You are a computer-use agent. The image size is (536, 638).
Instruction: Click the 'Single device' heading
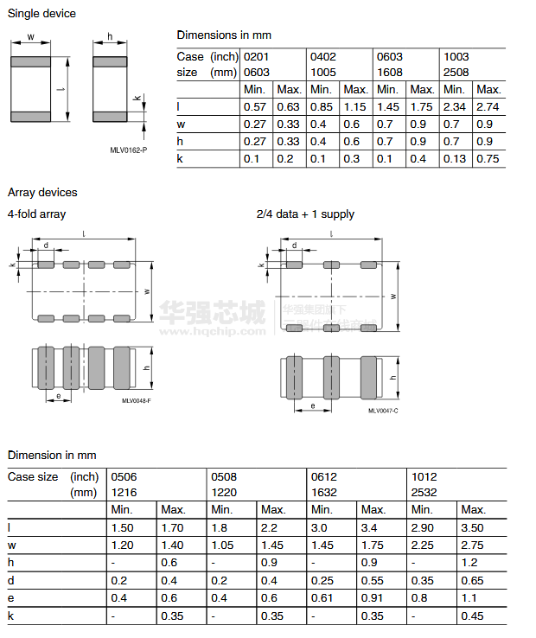pos(41,14)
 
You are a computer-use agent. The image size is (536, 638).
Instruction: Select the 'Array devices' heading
pos(42,192)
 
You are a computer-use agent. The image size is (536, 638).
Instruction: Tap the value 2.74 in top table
pos(488,106)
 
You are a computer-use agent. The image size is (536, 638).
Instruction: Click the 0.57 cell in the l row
pos(255,106)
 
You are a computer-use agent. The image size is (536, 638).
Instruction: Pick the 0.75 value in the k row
pos(488,158)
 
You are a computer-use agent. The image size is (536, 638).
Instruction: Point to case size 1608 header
pos(389,73)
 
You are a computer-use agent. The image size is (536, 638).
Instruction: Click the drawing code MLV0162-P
pos(128,150)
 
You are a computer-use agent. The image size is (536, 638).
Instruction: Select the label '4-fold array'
pos(36,214)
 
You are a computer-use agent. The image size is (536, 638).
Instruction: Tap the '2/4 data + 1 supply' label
pos(305,214)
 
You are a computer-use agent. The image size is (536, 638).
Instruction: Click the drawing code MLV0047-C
pos(383,411)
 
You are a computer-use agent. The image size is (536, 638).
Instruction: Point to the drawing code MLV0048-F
pos(136,400)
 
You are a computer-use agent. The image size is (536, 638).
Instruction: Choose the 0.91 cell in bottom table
pos(373,597)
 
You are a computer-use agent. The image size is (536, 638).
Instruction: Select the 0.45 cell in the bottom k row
pos(472,616)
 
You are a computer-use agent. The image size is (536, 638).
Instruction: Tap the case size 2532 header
pos(424,492)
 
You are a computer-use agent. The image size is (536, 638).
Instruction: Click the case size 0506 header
pos(124,476)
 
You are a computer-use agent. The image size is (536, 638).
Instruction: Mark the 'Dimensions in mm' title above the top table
pos(224,35)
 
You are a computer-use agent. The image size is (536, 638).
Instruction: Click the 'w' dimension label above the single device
pos(32,37)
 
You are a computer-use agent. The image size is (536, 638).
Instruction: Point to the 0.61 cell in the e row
pos(322,597)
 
